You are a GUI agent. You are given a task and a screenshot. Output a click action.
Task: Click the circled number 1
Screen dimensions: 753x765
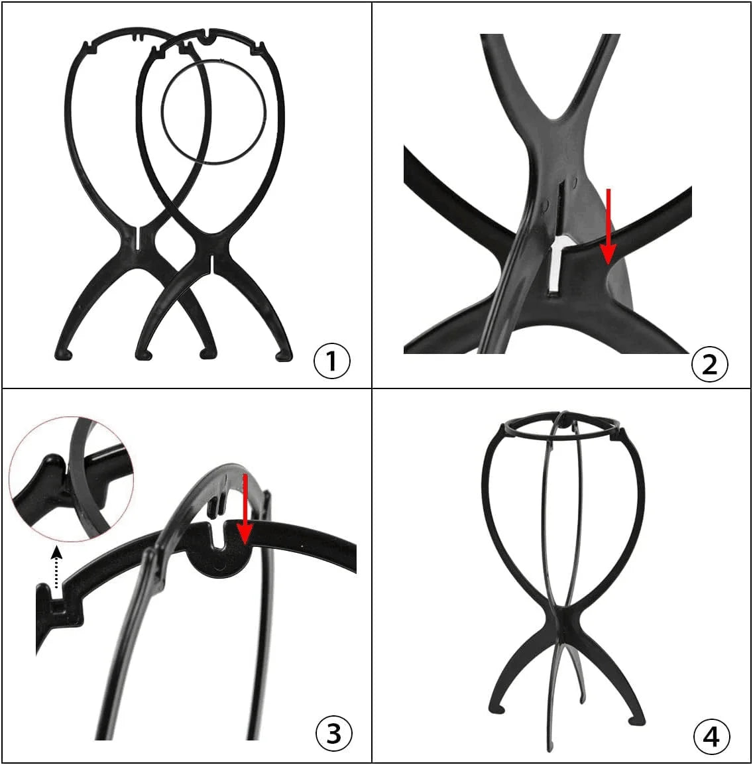coord(331,361)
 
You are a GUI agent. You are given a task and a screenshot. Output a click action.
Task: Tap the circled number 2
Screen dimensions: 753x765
coord(710,364)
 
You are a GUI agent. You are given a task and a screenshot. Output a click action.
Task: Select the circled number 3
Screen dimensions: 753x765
coord(334,733)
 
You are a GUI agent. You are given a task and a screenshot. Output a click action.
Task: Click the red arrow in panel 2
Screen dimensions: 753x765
coord(608,226)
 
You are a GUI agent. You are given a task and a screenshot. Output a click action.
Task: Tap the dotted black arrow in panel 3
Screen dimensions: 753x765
coord(57,567)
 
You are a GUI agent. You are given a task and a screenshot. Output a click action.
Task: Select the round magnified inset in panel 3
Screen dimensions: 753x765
coord(71,479)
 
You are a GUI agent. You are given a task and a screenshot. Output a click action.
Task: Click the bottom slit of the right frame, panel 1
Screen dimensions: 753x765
coord(213,264)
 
